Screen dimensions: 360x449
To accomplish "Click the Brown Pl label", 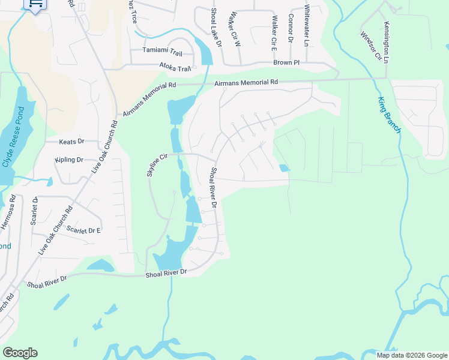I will tap(286, 62).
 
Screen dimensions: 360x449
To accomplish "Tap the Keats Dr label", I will tap(72, 142).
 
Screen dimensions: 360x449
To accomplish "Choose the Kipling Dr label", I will tap(68, 160).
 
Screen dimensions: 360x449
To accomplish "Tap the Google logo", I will tap(20, 353).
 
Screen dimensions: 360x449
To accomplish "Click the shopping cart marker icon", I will tap(35, 5).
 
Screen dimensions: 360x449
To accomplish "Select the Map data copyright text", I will tap(412, 355).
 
